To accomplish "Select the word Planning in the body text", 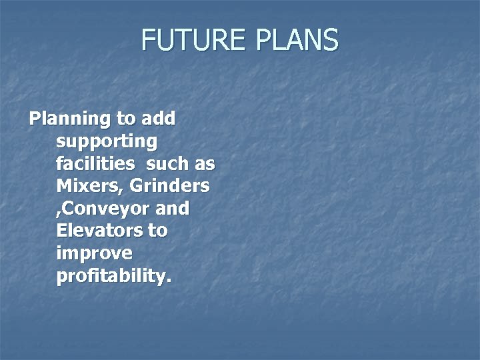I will [69, 119].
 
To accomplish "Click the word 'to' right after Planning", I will [125, 119].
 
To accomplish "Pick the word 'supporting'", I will [107, 142].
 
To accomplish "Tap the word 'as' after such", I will [205, 164].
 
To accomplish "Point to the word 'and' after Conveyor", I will [172, 209].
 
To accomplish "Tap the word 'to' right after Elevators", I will [159, 231].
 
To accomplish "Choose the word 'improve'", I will [95, 254].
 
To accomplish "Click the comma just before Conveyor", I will [60, 214].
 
